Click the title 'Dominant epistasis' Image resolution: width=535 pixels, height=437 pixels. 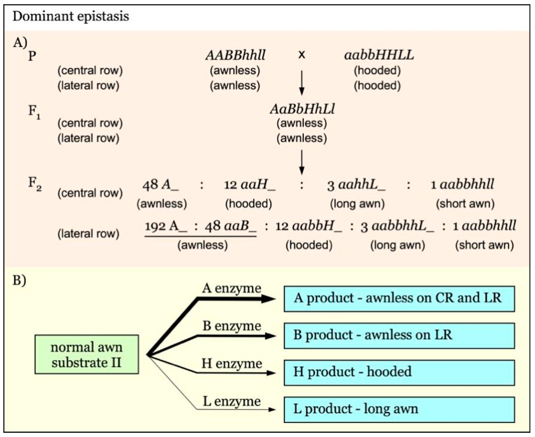click(x=71, y=16)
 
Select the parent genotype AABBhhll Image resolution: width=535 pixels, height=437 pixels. click(x=235, y=55)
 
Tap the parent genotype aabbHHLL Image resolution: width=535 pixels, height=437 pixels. click(x=379, y=55)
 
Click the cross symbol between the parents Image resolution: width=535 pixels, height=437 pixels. click(x=302, y=55)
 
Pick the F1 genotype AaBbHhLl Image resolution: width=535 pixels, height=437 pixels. click(x=302, y=109)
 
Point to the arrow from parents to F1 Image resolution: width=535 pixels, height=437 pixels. click(x=302, y=83)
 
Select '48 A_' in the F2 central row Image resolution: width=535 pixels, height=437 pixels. click(x=161, y=185)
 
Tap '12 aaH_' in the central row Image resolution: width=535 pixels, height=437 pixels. click(x=250, y=185)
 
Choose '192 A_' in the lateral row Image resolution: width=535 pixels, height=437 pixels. click(x=166, y=226)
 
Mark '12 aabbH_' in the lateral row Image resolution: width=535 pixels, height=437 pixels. click(x=309, y=226)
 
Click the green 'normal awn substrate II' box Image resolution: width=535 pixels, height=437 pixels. click(x=87, y=354)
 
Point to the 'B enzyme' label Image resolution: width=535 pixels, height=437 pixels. click(x=232, y=326)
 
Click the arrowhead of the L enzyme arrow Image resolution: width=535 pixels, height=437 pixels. click(x=272, y=410)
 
